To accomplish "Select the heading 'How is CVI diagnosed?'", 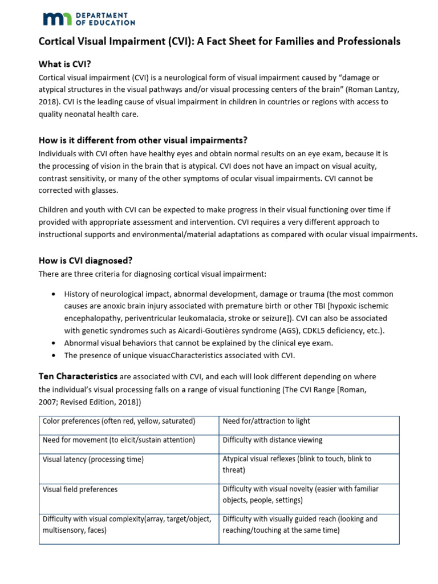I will (x=86, y=261).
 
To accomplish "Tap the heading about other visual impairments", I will (x=143, y=140).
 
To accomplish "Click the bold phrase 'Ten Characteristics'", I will (x=78, y=376).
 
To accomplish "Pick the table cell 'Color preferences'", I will (x=119, y=421).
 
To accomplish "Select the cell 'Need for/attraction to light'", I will (x=266, y=421).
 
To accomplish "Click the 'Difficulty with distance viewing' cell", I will (x=273, y=440).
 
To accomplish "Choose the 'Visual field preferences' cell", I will (x=80, y=489).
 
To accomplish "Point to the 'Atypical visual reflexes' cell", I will (x=297, y=464).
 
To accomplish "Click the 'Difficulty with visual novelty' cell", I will (x=300, y=494).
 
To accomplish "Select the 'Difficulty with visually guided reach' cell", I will (x=300, y=525).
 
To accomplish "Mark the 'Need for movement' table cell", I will (x=119, y=440).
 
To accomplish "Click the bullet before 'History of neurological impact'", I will (x=53, y=294).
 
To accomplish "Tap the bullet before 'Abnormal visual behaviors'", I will (x=53, y=343).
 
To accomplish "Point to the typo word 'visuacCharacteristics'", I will (x=171, y=355).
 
